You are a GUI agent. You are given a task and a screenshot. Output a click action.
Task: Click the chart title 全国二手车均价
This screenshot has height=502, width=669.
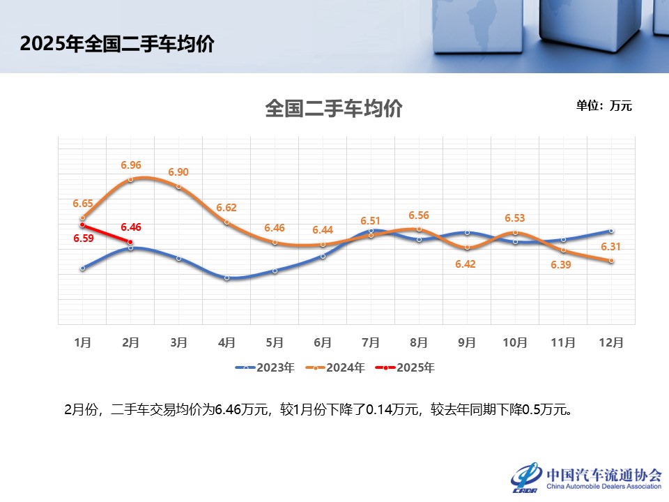pos(334,109)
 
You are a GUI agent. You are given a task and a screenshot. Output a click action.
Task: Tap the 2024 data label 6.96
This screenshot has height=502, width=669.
pos(131,165)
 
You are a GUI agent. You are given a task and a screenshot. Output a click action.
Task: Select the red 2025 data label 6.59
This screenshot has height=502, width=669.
pos(83,239)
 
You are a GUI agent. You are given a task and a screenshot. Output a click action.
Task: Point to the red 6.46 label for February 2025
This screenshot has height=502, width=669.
pos(131,227)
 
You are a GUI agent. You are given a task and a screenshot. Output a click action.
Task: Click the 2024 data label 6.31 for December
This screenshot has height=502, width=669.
pos(610,247)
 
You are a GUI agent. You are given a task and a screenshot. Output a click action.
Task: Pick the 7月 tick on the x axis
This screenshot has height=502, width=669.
pos(371,342)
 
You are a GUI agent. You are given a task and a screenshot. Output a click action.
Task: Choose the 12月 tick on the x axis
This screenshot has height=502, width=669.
pos(611,342)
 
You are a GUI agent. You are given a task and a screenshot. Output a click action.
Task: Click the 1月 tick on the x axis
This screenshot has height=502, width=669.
pos(82,342)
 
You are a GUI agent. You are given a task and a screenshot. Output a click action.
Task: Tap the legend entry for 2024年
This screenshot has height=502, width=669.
pos(336,367)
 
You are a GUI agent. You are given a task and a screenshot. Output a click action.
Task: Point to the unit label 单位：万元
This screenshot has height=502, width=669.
pos(603,106)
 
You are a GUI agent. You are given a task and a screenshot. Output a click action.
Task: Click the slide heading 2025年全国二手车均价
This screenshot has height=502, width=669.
pos(117,44)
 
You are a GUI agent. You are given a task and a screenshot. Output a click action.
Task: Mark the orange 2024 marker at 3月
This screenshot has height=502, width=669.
pos(178,187)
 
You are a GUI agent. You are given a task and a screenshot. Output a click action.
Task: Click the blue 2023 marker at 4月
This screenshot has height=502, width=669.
pos(226,277)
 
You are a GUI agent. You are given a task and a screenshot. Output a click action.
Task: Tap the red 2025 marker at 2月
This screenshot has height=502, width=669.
pos(130,242)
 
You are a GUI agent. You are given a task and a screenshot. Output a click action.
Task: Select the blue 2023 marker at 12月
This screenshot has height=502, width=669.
pos(611,231)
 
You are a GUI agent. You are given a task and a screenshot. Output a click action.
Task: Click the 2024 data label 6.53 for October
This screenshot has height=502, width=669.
pos(514,219)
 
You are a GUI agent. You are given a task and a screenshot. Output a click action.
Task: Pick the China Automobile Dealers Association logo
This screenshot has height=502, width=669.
pos(586,478)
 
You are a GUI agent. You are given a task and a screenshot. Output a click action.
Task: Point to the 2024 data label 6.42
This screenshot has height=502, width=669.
pos(466,264)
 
